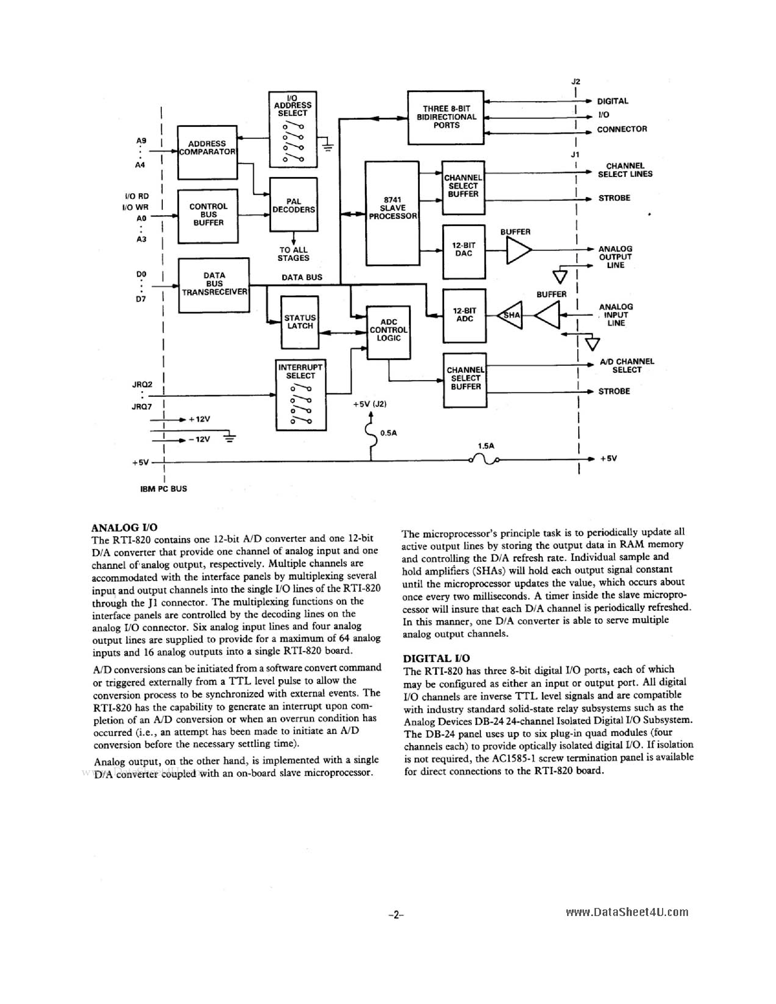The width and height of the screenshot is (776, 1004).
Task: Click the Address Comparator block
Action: pyautogui.click(x=207, y=152)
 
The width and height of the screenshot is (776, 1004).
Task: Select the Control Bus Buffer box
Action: pyautogui.click(x=208, y=216)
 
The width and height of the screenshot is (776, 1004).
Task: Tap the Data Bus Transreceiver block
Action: pyautogui.click(x=214, y=285)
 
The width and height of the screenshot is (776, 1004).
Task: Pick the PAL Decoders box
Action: pyautogui.click(x=293, y=204)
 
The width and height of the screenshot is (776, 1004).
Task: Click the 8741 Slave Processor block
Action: pyautogui.click(x=392, y=213)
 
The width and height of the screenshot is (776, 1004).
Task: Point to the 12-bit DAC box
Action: pyautogui.click(x=463, y=252)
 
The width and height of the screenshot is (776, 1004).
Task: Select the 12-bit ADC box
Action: pyautogui.click(x=464, y=315)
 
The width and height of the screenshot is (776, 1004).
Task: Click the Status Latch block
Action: pyautogui.click(x=300, y=322)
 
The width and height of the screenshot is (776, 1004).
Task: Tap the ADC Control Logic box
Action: pyautogui.click(x=389, y=332)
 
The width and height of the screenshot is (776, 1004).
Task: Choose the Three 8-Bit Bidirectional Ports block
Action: pyautogui.click(x=446, y=117)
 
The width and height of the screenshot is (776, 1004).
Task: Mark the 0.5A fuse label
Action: pyautogui.click(x=389, y=433)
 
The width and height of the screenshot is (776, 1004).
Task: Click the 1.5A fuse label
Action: pyautogui.click(x=486, y=446)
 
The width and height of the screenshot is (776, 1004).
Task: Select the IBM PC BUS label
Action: pyautogui.click(x=163, y=488)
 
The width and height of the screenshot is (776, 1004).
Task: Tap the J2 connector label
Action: pyautogui.click(x=576, y=82)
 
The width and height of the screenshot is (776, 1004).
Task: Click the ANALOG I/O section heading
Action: pyautogui.click(x=125, y=527)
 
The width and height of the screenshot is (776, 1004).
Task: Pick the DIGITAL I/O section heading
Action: pyautogui.click(x=436, y=658)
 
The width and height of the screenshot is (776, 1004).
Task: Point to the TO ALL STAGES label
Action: pyautogui.click(x=293, y=254)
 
